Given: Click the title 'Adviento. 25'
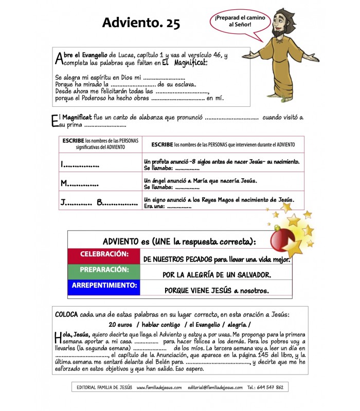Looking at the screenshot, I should [x=141, y=23].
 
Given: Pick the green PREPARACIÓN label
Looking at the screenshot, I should [x=103, y=270].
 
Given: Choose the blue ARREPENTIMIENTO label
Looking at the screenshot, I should [x=103, y=286].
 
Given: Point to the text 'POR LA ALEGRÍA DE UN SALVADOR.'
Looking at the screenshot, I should [x=217, y=275].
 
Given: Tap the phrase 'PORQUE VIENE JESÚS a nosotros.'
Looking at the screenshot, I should [x=217, y=290].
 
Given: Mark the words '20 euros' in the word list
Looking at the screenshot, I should [x=121, y=325].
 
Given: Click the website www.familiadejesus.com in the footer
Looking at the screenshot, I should [x=159, y=387].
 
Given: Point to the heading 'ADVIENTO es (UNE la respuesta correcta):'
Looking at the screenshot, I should [x=179, y=241].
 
